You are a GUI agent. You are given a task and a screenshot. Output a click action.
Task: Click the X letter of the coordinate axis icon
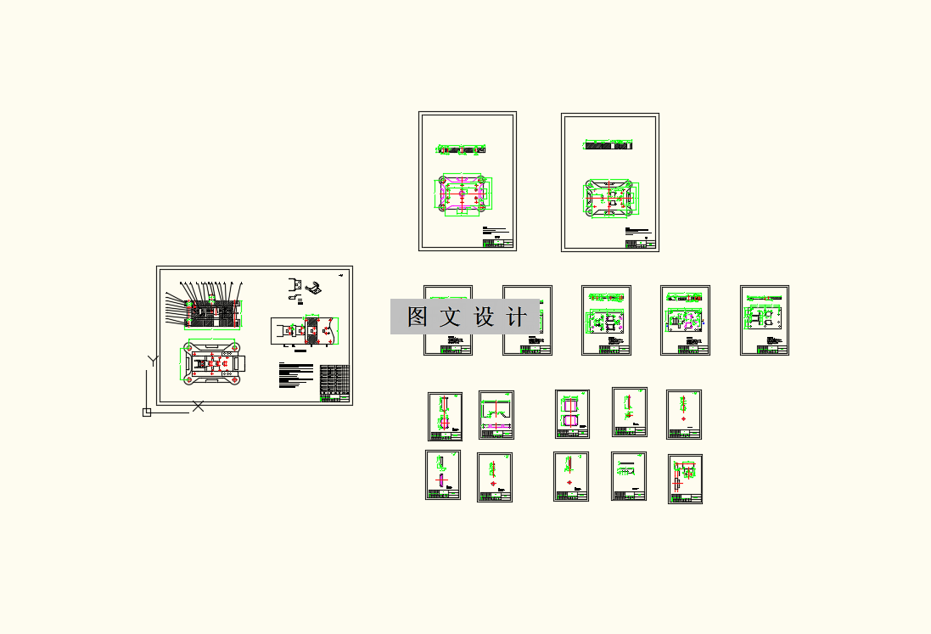[198, 407]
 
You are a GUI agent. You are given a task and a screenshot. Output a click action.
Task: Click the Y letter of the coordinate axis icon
[153, 361]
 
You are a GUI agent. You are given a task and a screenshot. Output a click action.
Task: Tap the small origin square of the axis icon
[146, 412]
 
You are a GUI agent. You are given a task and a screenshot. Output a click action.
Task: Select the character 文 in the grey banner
[451, 317]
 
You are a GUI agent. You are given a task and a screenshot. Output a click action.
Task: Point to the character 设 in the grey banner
[483, 317]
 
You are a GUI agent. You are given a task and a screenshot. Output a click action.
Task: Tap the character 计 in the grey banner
[515, 317]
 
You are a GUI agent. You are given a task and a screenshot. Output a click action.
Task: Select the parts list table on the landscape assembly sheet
[335, 382]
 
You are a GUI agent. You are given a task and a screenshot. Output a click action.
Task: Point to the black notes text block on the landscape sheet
[294, 373]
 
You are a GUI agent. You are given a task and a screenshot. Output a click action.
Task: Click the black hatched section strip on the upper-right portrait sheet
[609, 146]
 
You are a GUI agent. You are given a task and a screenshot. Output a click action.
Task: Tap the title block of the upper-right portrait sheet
[641, 244]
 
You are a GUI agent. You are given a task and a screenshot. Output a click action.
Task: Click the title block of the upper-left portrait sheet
[499, 244]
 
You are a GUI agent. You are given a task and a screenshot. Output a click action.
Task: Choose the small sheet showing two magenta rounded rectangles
[572, 414]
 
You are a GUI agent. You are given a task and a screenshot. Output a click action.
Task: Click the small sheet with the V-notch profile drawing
[496, 414]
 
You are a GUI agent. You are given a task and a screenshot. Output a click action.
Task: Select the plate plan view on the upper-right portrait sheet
[609, 199]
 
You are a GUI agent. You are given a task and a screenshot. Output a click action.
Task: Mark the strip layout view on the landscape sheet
[304, 333]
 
